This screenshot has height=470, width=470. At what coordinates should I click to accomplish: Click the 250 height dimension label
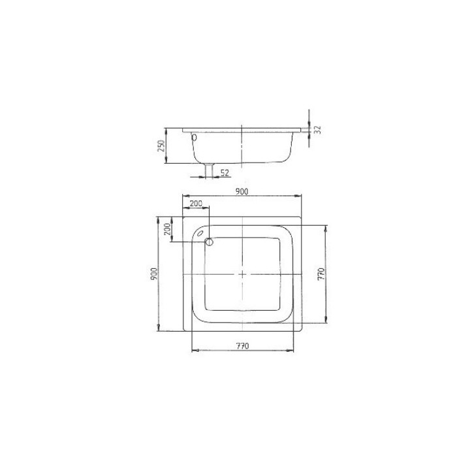(x=160, y=145)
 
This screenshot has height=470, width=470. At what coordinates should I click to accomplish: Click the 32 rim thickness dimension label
(x=318, y=129)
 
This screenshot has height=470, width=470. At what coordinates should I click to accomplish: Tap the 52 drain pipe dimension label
(x=224, y=172)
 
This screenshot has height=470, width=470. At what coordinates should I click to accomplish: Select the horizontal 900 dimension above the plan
(x=241, y=191)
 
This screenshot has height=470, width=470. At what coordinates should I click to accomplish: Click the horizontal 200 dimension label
(x=195, y=204)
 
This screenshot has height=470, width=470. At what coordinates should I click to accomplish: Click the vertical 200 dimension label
(x=168, y=229)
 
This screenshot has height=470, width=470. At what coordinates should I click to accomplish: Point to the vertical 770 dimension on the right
(x=321, y=274)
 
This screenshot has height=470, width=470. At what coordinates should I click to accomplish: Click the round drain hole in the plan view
(x=209, y=243)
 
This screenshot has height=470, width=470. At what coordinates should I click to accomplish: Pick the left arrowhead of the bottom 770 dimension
(x=193, y=351)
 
